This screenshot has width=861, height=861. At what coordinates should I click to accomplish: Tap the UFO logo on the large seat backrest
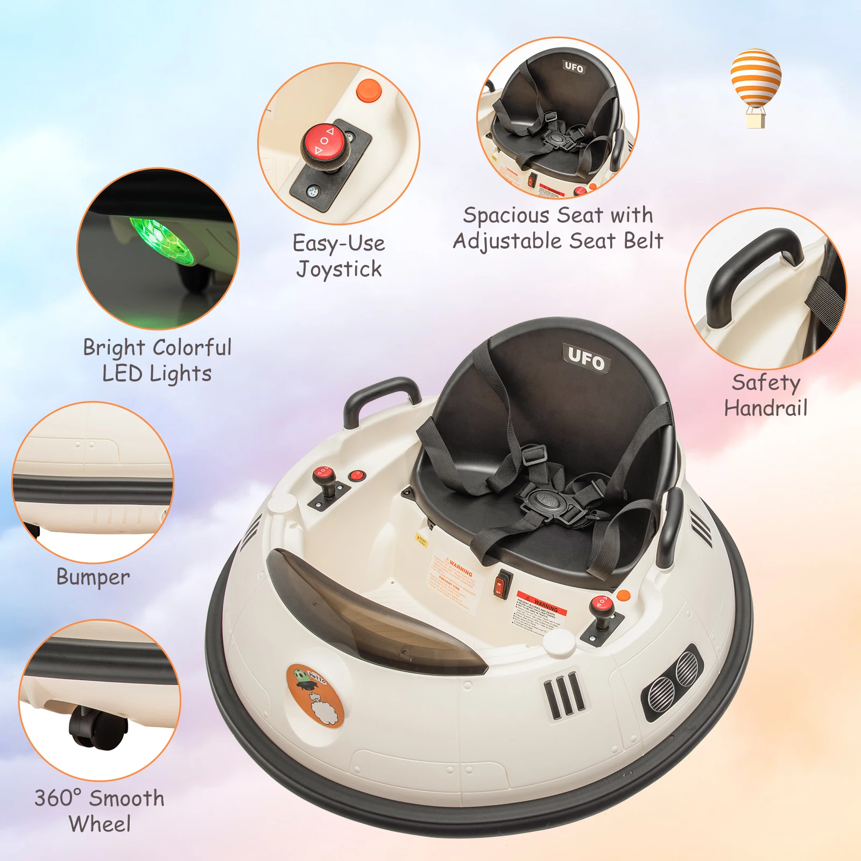tap(587, 358)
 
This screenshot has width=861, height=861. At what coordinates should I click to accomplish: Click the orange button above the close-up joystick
tap(369, 89)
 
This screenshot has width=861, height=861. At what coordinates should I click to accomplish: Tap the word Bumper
tap(93, 577)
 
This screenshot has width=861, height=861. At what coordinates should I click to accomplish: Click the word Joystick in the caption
tap(339, 269)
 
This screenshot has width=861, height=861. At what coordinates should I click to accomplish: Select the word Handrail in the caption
tap(766, 408)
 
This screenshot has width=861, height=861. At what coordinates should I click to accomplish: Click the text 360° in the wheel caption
tap(58, 798)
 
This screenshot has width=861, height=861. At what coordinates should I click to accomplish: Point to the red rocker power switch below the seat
tap(502, 584)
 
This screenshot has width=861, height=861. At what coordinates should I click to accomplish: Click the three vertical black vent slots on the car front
tap(563, 695)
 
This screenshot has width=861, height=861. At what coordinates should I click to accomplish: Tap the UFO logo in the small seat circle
tap(574, 67)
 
